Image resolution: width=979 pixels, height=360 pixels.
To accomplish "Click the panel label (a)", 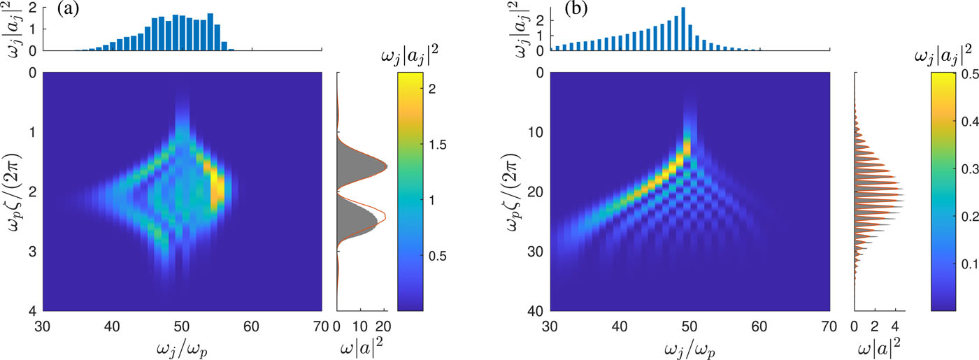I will tap(71, 12).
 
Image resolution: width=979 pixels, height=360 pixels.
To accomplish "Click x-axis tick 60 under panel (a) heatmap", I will tap(251, 325).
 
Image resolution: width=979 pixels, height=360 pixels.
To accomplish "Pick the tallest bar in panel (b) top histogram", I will tap(683, 29).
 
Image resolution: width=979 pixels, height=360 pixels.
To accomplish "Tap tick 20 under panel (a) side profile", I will tap(383, 325).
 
